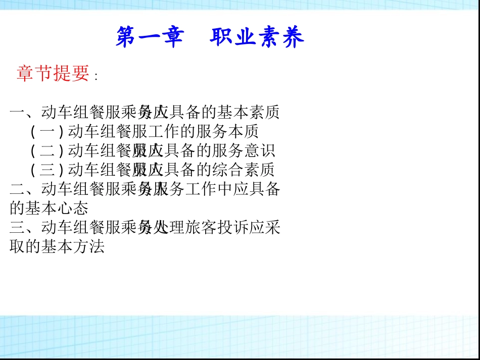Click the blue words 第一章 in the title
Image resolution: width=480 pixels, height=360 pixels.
coord(150,38)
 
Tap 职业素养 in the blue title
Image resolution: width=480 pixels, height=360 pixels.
coord(257,38)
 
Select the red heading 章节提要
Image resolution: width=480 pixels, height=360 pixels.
coord(53,73)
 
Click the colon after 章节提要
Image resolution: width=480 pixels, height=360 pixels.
coord(95,76)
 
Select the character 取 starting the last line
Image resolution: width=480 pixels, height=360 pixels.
coord(17,247)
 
